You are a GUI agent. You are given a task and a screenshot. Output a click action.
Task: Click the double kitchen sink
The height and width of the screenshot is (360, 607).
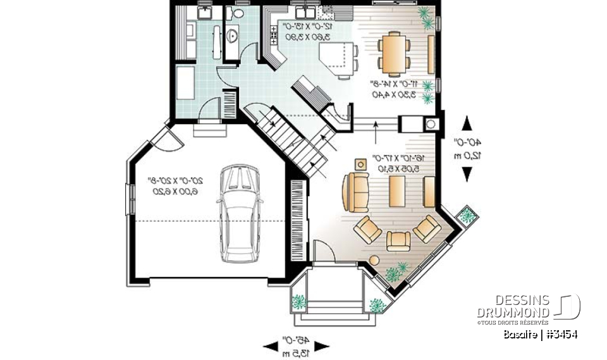303,13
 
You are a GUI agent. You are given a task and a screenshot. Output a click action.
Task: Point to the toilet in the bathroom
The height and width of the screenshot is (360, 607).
238,12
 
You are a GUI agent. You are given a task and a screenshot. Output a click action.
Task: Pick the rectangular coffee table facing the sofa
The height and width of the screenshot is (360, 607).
397,192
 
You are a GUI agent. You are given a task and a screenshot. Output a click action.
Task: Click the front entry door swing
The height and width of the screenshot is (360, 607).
325,252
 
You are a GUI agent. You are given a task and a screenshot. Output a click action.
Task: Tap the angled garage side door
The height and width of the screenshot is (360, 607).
168,138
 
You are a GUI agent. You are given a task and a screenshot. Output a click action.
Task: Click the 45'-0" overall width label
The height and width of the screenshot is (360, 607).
296,345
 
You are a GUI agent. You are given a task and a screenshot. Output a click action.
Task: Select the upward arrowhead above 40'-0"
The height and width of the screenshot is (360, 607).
468,123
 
